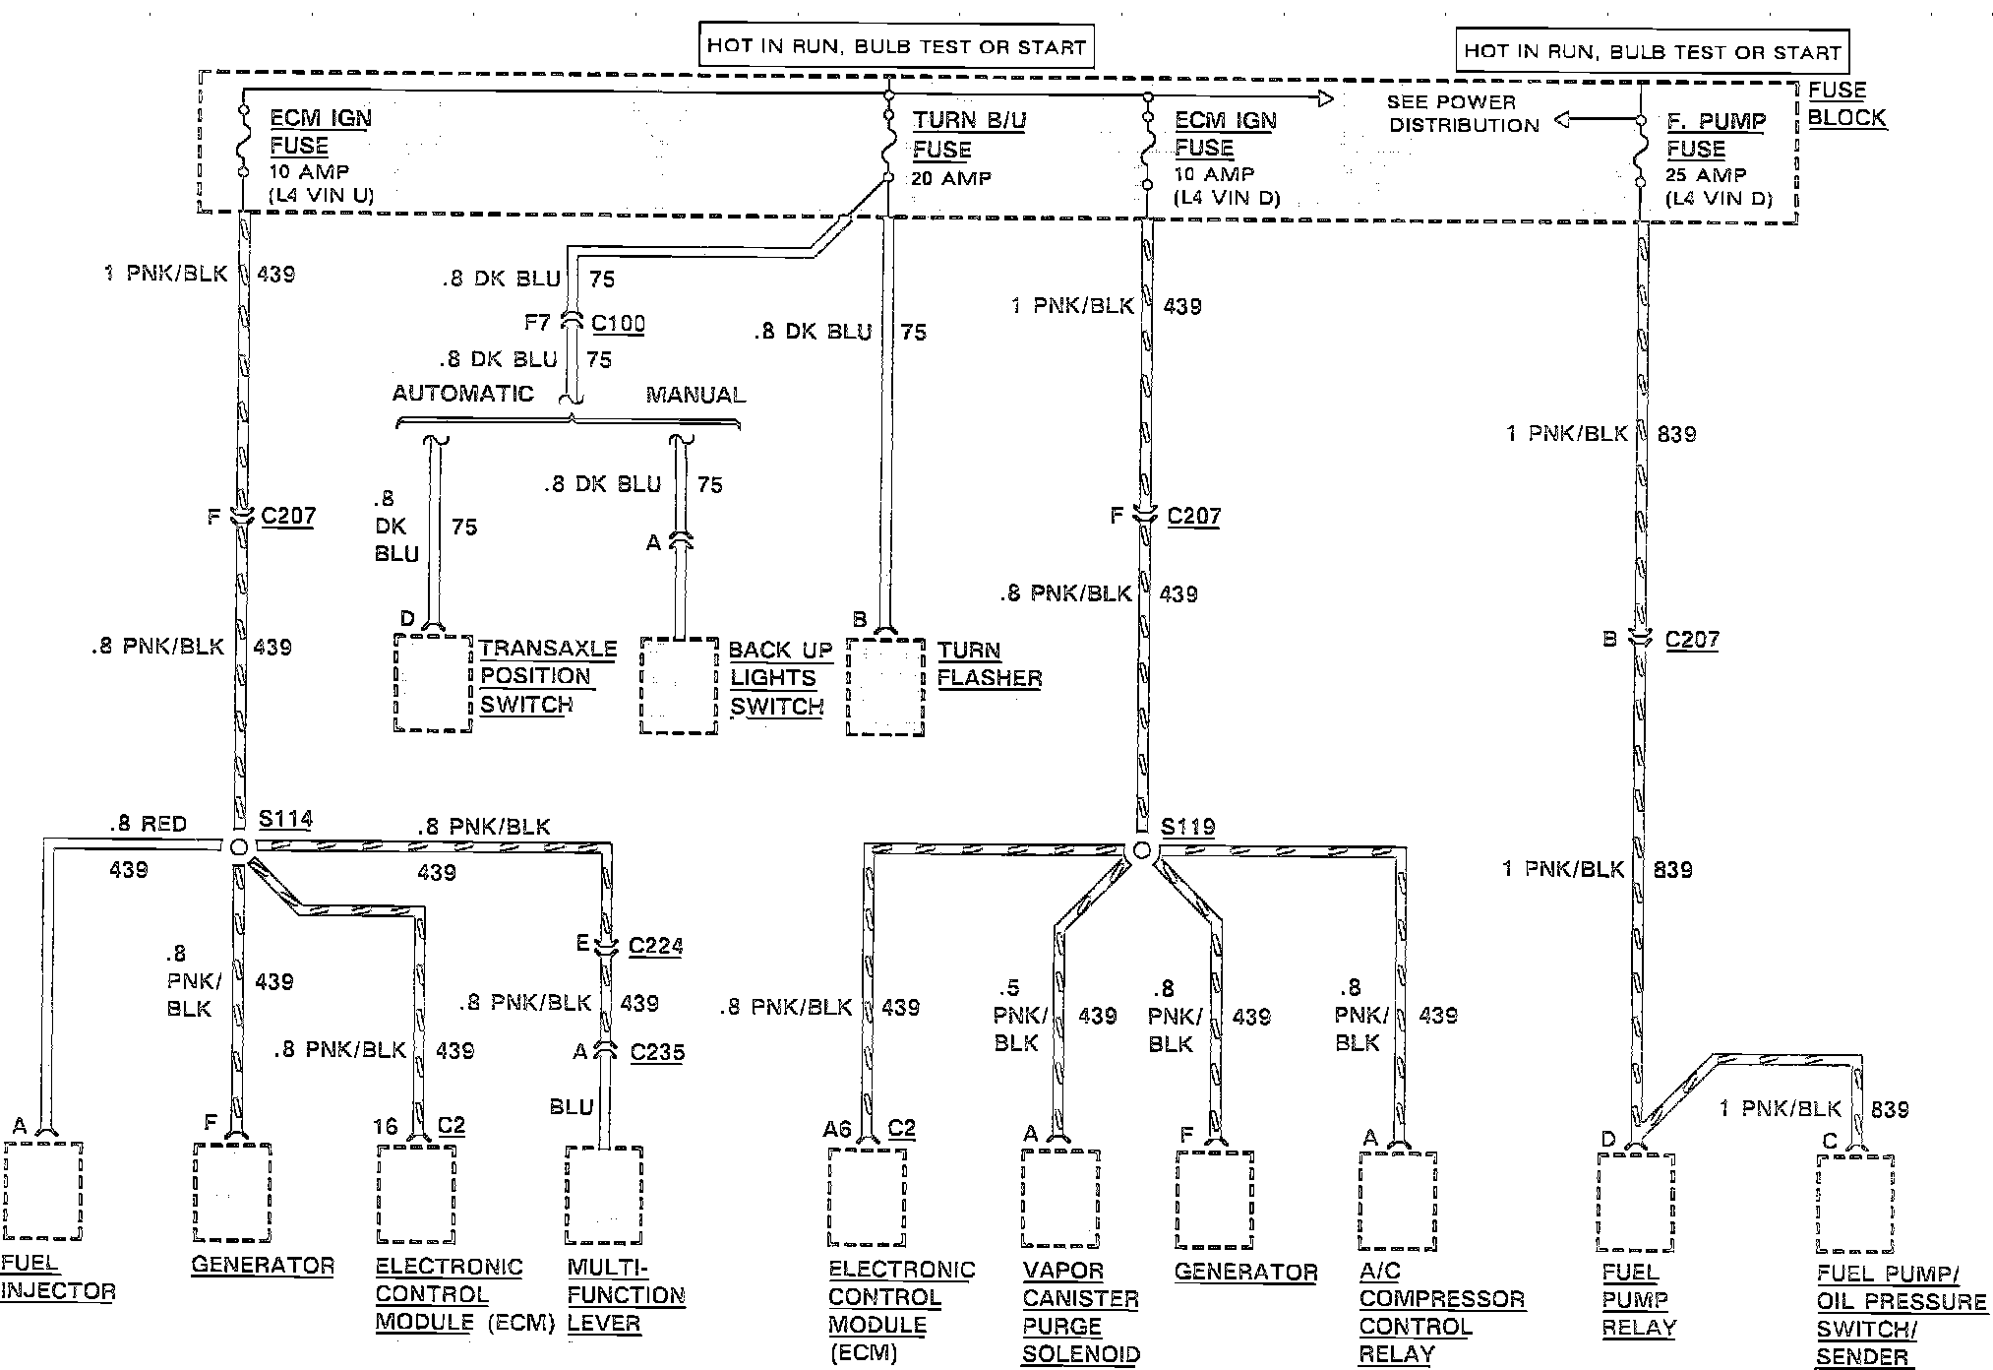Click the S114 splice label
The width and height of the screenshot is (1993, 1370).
284,819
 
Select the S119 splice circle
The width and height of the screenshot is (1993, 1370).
1141,850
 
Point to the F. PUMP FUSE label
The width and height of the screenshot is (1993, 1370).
1716,135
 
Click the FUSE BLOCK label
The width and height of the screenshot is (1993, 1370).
1845,103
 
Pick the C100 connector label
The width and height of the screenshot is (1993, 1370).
618,323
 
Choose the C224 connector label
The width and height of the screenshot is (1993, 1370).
655,946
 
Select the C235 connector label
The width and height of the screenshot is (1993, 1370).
657,1052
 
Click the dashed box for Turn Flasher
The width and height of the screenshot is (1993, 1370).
885,687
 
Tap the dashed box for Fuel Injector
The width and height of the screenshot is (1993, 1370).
43,1190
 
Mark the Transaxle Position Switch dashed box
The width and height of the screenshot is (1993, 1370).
433,682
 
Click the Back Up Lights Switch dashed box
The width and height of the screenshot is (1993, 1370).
679,686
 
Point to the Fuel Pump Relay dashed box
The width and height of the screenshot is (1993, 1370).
1635,1201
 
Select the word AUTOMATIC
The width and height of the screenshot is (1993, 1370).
462,394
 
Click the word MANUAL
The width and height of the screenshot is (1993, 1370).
695,395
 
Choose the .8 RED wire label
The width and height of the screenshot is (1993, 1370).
148,824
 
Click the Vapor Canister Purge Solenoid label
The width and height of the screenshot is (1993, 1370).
1080,1312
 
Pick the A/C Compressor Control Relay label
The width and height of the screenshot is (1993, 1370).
1441,1312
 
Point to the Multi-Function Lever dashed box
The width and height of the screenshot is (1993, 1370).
604,1195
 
